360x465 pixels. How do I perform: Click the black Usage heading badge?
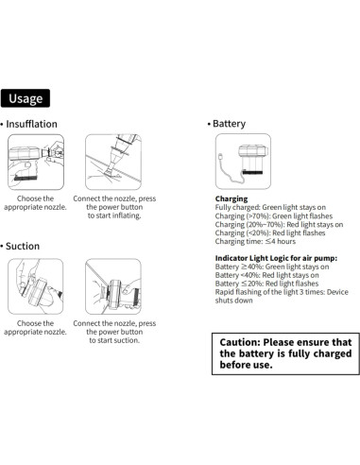click(x=26, y=98)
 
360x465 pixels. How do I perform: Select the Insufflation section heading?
click(x=31, y=124)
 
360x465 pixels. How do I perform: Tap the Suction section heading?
click(x=23, y=246)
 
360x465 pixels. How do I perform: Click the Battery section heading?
click(x=229, y=124)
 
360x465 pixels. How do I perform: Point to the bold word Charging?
click(x=231, y=198)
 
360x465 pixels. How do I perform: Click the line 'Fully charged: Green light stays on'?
click(x=270, y=207)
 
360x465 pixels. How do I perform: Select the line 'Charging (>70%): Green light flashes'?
click(x=274, y=216)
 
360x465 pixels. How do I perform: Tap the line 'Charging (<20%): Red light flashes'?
click(x=270, y=233)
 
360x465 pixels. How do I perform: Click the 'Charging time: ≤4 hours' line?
click(x=255, y=242)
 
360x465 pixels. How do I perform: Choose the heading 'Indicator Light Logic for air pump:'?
click(x=276, y=258)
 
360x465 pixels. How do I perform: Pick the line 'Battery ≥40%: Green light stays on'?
click(x=272, y=267)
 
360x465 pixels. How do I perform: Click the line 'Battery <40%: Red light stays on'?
click(x=267, y=275)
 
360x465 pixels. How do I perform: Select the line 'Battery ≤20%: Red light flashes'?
click(x=266, y=284)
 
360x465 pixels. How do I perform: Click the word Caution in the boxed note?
click(x=240, y=342)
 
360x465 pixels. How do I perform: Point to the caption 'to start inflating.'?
click(x=114, y=215)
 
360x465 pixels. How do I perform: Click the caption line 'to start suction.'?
click(x=114, y=340)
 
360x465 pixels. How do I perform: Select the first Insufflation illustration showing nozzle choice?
click(x=36, y=162)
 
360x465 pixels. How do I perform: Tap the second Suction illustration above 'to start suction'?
click(x=113, y=286)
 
